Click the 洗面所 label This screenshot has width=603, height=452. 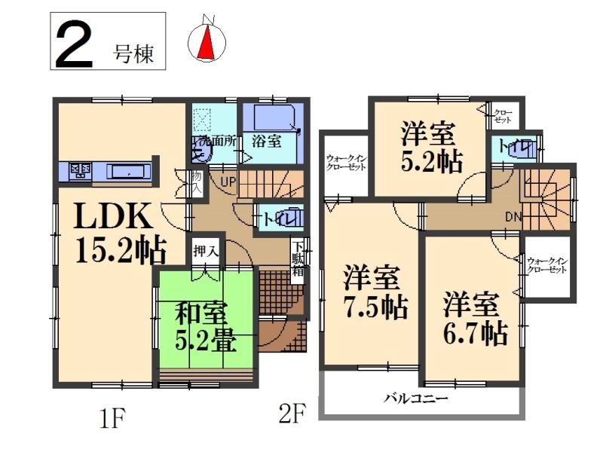click(218, 140)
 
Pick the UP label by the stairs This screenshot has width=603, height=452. click(226, 181)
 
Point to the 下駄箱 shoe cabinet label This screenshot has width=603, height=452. click(298, 259)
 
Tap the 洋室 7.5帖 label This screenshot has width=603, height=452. click(373, 292)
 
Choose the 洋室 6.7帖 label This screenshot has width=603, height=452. click(473, 317)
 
